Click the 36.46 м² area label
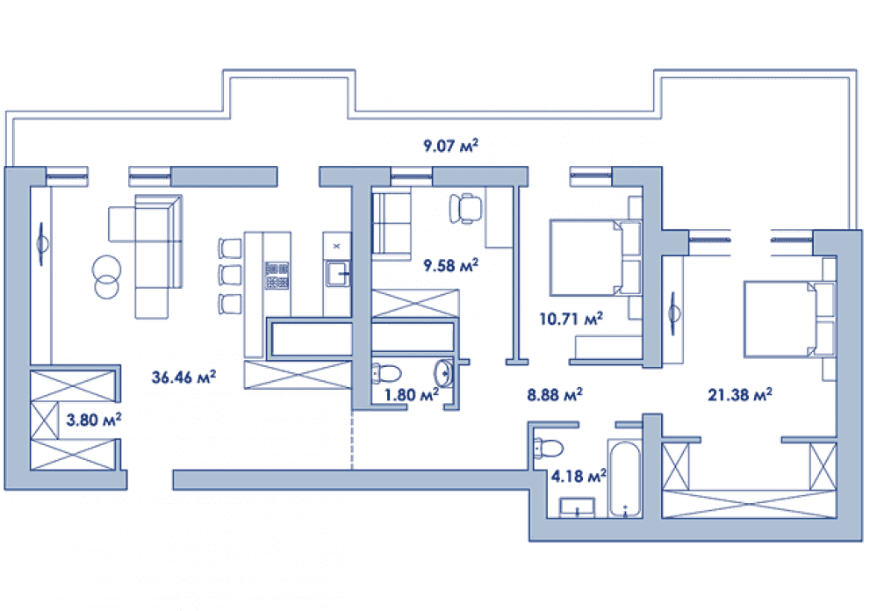tap(183, 377)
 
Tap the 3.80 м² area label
tap(94, 419)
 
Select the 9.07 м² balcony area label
tap(451, 146)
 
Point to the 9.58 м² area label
tap(451, 264)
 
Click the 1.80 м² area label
tap(411, 394)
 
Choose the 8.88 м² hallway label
tap(554, 394)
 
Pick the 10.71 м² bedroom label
tap(571, 319)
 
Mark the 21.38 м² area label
tap(740, 394)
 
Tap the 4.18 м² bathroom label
tap(579, 476)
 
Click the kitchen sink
tap(338, 274)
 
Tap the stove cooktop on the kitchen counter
tap(277, 275)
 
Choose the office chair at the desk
tap(465, 208)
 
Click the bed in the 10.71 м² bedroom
tap(595, 257)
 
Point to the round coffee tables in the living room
tap(106, 277)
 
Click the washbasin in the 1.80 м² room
tap(444, 372)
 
